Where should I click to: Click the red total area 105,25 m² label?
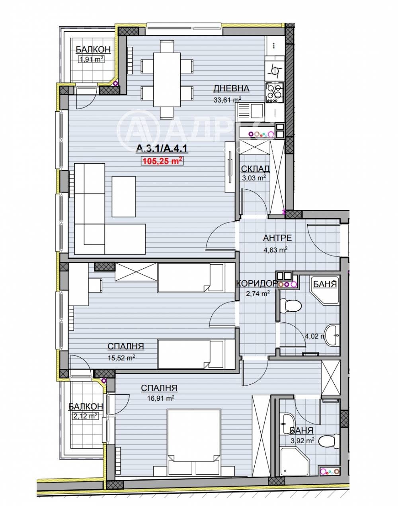[162, 161]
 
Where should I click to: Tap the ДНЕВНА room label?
[231, 88]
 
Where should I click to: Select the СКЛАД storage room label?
[256, 169]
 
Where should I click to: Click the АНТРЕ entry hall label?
[277, 238]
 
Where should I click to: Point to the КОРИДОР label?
[256, 283]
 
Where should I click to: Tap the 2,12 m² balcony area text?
[85, 416]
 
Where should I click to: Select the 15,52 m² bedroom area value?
[121, 357]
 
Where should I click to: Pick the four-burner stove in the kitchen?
[274, 92]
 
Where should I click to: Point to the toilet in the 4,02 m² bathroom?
[290, 306]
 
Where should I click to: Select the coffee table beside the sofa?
[124, 197]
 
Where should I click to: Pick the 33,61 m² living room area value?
[227, 100]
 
